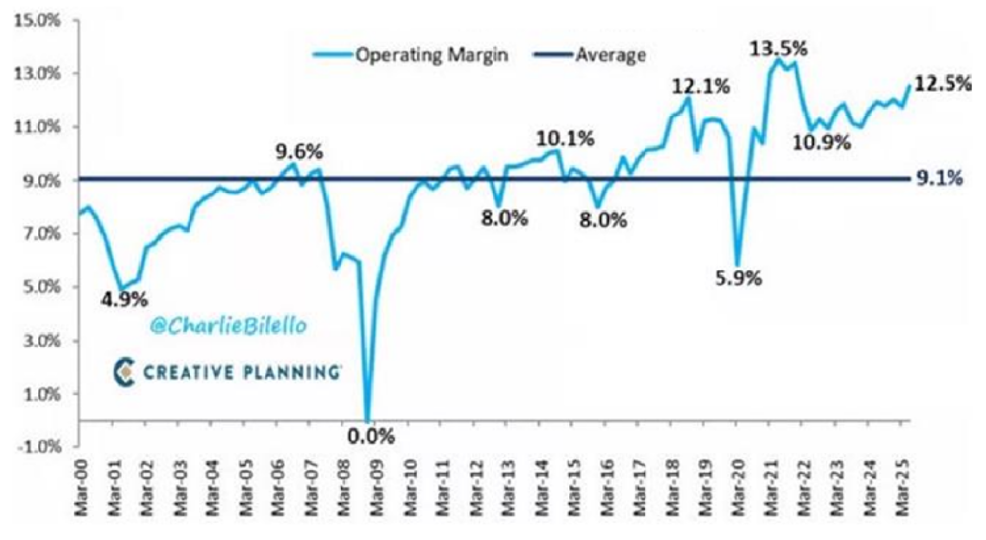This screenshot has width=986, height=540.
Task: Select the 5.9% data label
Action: click(736, 278)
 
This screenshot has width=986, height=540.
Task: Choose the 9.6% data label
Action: click(297, 153)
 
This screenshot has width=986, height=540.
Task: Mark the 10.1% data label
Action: click(566, 139)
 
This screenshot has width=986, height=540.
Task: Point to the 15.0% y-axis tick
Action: click(34, 21)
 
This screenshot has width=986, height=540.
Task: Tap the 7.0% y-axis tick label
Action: click(36, 234)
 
